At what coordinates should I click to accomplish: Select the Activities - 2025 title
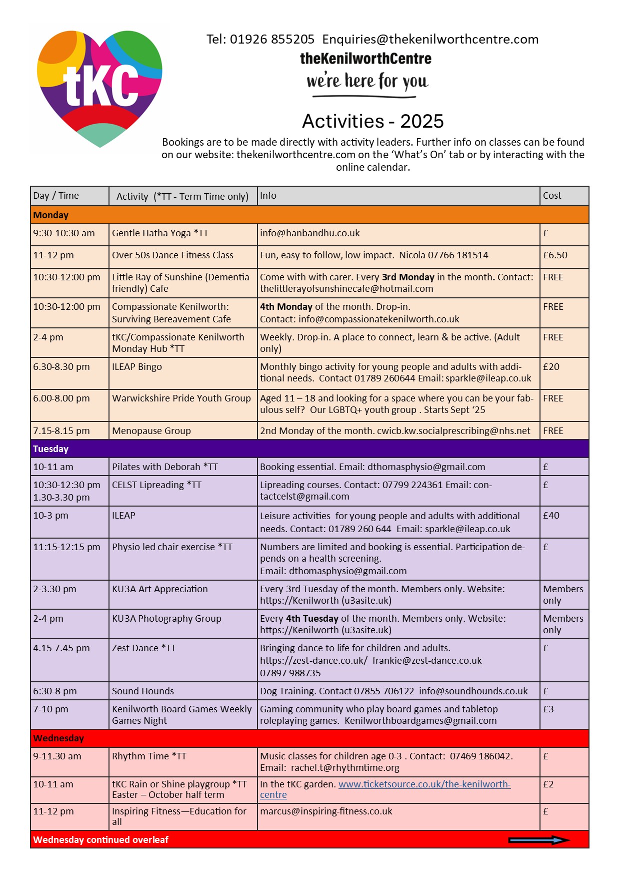coord(372,121)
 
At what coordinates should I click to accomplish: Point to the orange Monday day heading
coord(50,215)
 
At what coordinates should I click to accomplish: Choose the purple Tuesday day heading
coord(50,449)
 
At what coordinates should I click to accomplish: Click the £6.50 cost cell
coord(555,255)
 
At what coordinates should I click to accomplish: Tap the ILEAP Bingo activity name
coord(137,367)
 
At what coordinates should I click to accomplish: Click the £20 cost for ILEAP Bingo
coord(551,367)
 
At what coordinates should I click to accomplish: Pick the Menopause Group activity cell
coord(151,431)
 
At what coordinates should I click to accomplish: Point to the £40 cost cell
coord(551,516)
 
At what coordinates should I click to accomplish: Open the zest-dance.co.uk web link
coord(313,661)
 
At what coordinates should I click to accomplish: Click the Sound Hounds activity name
coord(143,691)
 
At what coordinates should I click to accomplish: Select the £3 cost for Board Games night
coord(548,709)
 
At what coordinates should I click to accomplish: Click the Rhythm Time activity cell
coord(149,756)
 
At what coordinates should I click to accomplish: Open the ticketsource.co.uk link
coord(424,784)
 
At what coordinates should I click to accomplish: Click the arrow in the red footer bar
coord(539,840)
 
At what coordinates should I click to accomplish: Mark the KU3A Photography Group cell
coord(166,619)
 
